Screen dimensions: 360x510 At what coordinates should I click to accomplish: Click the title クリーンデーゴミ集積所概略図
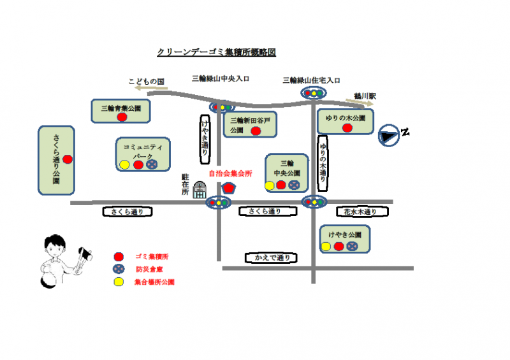click(x=216, y=52)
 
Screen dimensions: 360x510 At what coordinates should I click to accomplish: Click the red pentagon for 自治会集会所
click(x=229, y=188)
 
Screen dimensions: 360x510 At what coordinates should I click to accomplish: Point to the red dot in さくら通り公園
click(x=68, y=159)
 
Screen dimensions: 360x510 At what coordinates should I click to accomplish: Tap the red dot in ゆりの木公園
click(x=347, y=127)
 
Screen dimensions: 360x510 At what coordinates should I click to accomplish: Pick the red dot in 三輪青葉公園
click(x=121, y=117)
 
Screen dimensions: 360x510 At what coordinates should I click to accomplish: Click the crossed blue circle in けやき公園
click(x=352, y=246)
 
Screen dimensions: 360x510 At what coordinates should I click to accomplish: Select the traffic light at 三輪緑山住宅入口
click(x=312, y=93)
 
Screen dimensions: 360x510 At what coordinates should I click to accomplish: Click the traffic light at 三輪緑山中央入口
click(x=221, y=107)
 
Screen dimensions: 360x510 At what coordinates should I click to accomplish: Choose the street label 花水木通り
click(x=360, y=212)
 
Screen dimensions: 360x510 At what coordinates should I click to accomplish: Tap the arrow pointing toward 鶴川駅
click(x=358, y=100)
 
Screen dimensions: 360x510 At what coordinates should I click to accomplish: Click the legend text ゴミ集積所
click(x=152, y=256)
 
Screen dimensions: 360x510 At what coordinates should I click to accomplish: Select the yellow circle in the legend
click(x=118, y=281)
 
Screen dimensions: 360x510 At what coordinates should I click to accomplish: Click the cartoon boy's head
click(x=54, y=245)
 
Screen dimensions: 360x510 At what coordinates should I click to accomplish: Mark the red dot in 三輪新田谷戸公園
click(x=256, y=131)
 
